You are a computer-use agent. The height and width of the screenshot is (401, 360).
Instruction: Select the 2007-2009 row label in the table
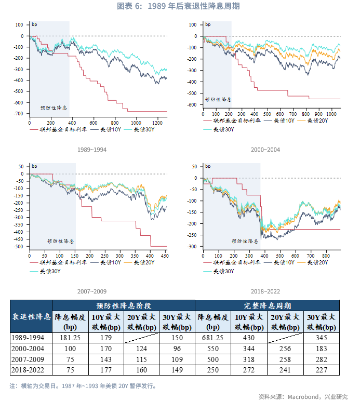[30, 359]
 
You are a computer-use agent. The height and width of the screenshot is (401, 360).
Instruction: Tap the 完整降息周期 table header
[267, 305]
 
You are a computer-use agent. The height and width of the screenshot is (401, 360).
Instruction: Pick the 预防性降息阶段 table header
[124, 305]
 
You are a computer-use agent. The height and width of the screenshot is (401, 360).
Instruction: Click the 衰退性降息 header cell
[31, 316]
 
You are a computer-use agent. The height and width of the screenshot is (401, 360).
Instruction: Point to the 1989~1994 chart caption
[92, 150]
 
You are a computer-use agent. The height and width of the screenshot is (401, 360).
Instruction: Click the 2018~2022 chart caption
[265, 291]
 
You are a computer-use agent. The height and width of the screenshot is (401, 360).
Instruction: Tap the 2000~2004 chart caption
[265, 150]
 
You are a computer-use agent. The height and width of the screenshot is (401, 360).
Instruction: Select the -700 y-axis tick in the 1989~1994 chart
[19, 114]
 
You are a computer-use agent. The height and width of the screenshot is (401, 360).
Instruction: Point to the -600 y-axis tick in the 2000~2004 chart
[194, 105]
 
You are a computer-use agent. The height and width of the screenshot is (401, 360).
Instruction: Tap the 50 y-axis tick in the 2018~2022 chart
[194, 167]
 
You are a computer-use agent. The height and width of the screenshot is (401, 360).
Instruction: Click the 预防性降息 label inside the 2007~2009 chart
[61, 242]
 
